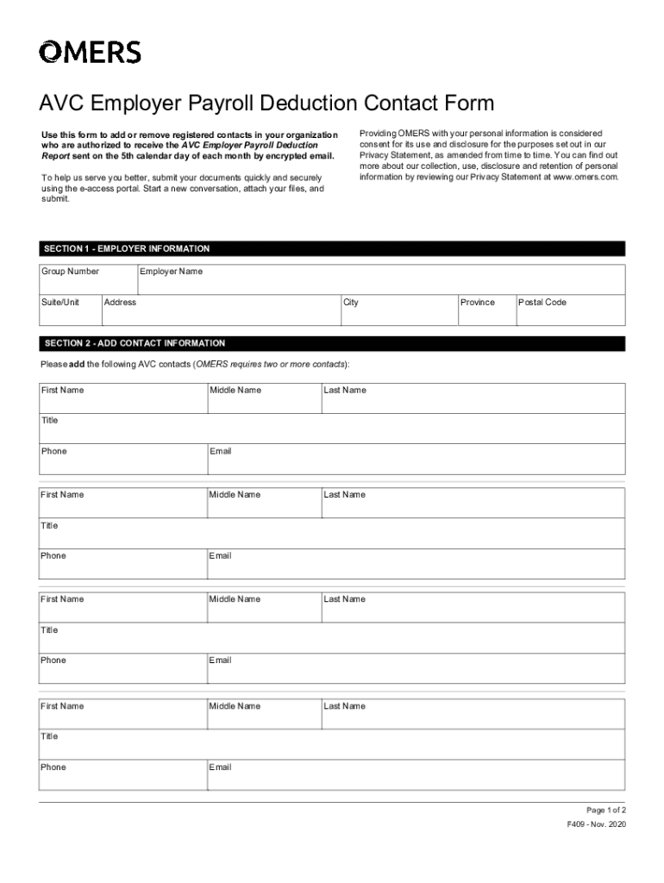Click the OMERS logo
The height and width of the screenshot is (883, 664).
coord(90,53)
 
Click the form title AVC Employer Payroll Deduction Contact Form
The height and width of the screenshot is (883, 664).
coord(266,104)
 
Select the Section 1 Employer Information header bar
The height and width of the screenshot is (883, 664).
coord(332,249)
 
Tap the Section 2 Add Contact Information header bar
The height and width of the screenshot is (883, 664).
coord(332,343)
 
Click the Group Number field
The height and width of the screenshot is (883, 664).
coord(88,280)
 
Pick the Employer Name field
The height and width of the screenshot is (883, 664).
coord(380,280)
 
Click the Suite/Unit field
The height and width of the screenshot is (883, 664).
coord(70,311)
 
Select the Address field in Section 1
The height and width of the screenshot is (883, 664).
coord(220,311)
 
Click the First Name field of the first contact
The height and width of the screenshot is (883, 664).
coord(122,399)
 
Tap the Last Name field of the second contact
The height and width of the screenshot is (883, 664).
coord(473,504)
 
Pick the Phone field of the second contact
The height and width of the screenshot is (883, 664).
coord(122,565)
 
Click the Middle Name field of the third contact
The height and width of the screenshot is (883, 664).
coord(263,608)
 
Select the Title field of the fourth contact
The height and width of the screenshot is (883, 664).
coord(332,745)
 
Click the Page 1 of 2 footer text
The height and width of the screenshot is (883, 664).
coord(605,811)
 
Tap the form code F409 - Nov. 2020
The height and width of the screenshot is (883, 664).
coord(596,825)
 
